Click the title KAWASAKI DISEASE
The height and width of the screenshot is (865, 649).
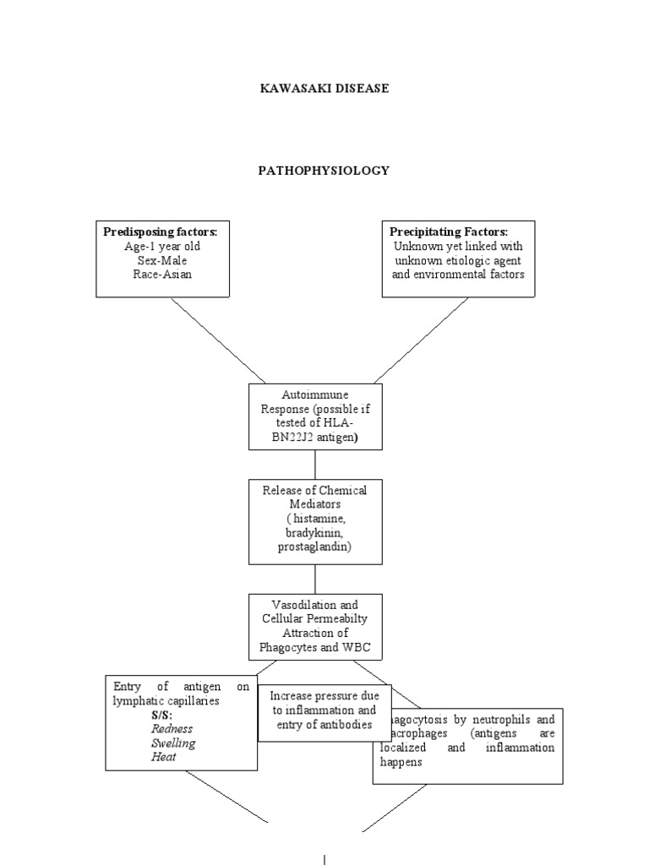coord(324,89)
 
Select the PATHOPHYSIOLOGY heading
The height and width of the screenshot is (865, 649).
coord(324,171)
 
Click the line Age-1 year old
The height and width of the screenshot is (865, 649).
coord(162,246)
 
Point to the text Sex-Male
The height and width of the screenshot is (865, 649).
coord(162,260)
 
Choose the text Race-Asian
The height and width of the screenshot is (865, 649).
coord(162,275)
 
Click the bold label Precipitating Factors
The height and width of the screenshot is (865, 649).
coord(449,231)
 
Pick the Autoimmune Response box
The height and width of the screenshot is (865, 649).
coord(315,416)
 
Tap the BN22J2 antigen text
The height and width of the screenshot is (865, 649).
coord(315,437)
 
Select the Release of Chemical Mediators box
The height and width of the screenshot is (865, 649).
coord(315,522)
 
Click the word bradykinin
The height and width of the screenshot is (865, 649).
coord(315,534)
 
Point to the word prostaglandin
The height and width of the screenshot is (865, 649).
coord(315,547)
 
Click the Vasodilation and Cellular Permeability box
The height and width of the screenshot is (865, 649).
coord(315,627)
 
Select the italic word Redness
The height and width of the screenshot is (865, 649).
coord(172,728)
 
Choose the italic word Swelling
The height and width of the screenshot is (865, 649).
coord(173,743)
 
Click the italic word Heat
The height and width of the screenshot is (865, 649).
coord(164,757)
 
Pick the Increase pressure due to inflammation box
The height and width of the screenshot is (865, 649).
coord(324,710)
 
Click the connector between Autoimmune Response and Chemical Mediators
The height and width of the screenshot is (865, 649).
coord(315,465)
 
